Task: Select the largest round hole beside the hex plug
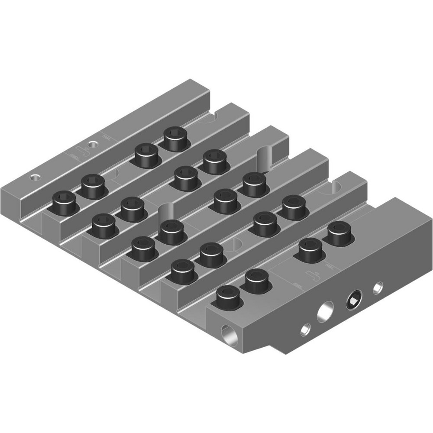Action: [326, 312]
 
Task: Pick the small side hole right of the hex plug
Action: [378, 287]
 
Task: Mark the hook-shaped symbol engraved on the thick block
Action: [313, 276]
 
